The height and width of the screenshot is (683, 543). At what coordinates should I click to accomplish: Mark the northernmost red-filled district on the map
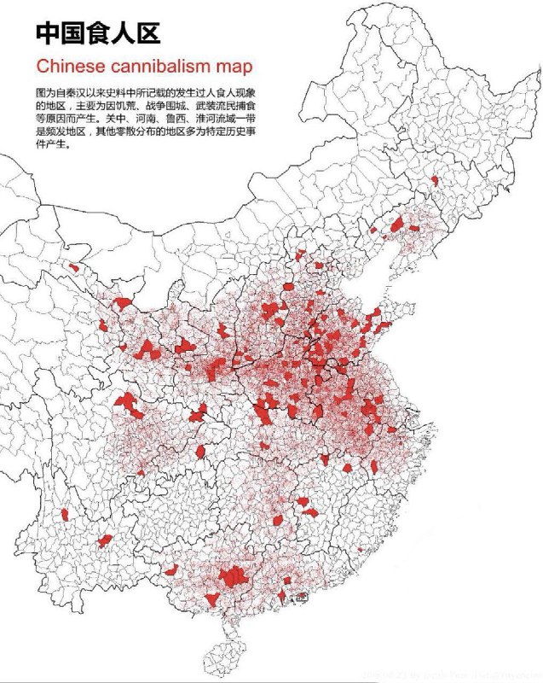tap(434, 180)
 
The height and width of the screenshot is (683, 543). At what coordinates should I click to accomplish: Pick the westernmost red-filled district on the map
tap(66, 514)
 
